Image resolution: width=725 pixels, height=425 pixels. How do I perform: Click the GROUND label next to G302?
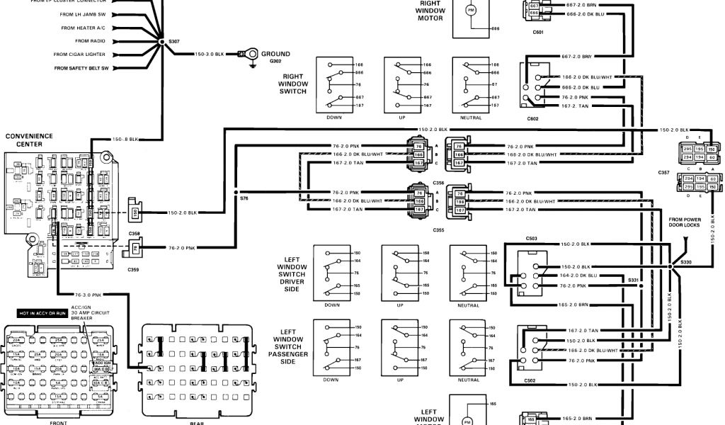pyautogui.click(x=275, y=54)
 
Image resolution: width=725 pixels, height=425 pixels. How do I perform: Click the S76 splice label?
pyautogui.click(x=244, y=198)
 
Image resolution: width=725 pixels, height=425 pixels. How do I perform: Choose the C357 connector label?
pyautogui.click(x=663, y=173)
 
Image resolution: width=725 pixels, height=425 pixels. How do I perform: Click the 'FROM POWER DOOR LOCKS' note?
pyautogui.click(x=684, y=222)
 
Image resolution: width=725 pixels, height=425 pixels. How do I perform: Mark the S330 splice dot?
pyautogui.click(x=669, y=266)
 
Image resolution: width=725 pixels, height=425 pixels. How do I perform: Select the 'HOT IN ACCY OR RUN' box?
pyautogui.click(x=42, y=312)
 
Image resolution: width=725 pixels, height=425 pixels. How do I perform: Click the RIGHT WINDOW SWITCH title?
pyautogui.click(x=293, y=84)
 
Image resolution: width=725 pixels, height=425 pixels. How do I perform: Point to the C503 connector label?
pyautogui.click(x=532, y=239)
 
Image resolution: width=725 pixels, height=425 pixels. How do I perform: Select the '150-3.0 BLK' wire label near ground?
pyautogui.click(x=209, y=54)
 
